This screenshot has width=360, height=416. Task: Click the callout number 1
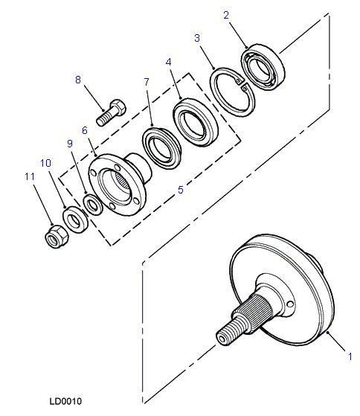[x=350, y=356]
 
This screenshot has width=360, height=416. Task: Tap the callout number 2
[x=226, y=15]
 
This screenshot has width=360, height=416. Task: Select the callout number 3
[x=197, y=38]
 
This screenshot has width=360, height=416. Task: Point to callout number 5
[x=181, y=190]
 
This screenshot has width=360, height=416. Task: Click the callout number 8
[x=77, y=80]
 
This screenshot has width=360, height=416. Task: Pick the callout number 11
[x=30, y=176]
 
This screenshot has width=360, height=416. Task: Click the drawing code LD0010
[x=65, y=401]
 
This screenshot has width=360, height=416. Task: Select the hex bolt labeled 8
[x=111, y=113]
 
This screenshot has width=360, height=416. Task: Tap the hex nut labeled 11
[x=57, y=236]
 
